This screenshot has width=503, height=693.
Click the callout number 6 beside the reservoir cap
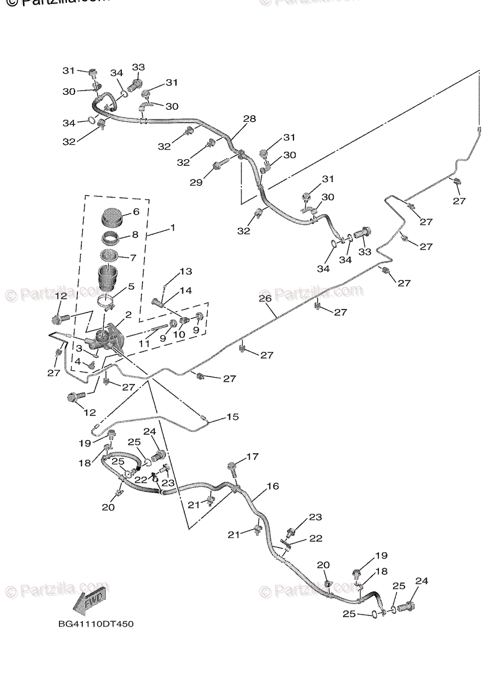136,212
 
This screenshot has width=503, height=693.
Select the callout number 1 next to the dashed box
172,229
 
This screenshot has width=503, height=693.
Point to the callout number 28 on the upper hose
249,119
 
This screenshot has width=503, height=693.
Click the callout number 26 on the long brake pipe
264,299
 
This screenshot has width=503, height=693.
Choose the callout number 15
232,416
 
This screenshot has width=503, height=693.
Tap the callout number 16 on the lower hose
273,487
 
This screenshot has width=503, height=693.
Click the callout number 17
252,457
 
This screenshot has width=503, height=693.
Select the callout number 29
197,182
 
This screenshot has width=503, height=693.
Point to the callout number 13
185,271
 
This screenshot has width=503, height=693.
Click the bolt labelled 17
233,468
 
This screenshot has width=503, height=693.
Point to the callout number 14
185,290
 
